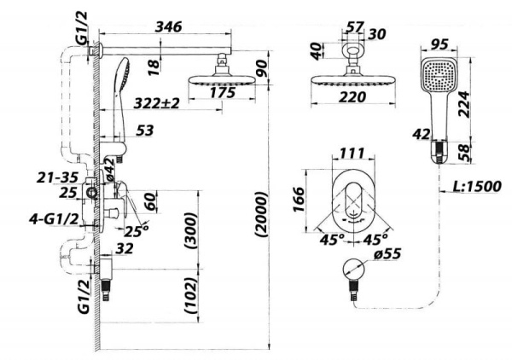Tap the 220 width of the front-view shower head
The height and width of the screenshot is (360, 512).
point(348,96)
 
